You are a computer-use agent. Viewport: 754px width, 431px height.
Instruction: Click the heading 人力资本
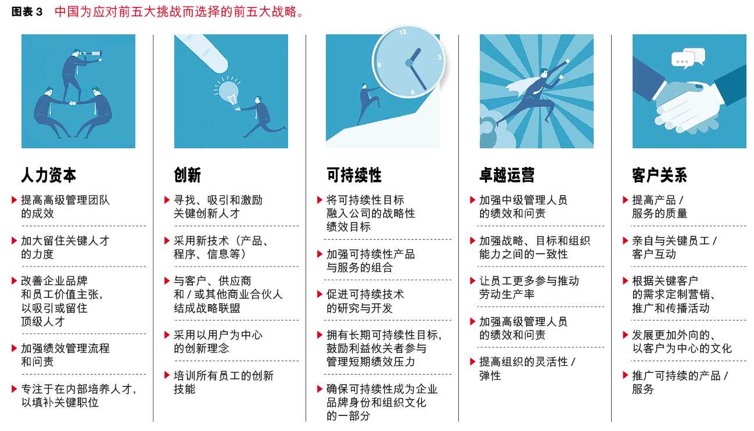click(48, 175)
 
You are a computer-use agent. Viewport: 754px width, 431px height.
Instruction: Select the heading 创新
click(188, 175)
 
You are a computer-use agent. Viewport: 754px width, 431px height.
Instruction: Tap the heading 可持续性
click(354, 175)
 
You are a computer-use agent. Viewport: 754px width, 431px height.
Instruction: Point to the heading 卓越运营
click(507, 175)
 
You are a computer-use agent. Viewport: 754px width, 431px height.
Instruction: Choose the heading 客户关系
click(659, 175)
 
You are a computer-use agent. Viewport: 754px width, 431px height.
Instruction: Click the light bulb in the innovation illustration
click(228, 92)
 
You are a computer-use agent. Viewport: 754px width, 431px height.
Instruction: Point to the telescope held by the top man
click(91, 54)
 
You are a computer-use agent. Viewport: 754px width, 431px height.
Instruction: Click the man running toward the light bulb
click(261, 116)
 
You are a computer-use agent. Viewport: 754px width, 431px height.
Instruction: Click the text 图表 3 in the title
click(27, 12)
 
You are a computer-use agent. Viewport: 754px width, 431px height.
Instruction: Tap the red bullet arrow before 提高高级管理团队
click(14, 200)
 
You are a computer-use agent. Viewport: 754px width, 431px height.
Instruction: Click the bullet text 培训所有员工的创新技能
click(224, 382)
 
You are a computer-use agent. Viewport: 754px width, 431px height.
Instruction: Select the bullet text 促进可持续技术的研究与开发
click(365, 301)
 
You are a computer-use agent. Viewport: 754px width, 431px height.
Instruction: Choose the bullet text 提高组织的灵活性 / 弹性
click(527, 368)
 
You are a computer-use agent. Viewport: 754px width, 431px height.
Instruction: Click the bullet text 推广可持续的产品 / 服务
click(680, 382)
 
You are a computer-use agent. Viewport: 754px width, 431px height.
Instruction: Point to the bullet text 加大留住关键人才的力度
click(65, 247)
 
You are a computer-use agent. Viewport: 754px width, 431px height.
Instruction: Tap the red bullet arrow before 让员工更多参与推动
click(472, 281)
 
